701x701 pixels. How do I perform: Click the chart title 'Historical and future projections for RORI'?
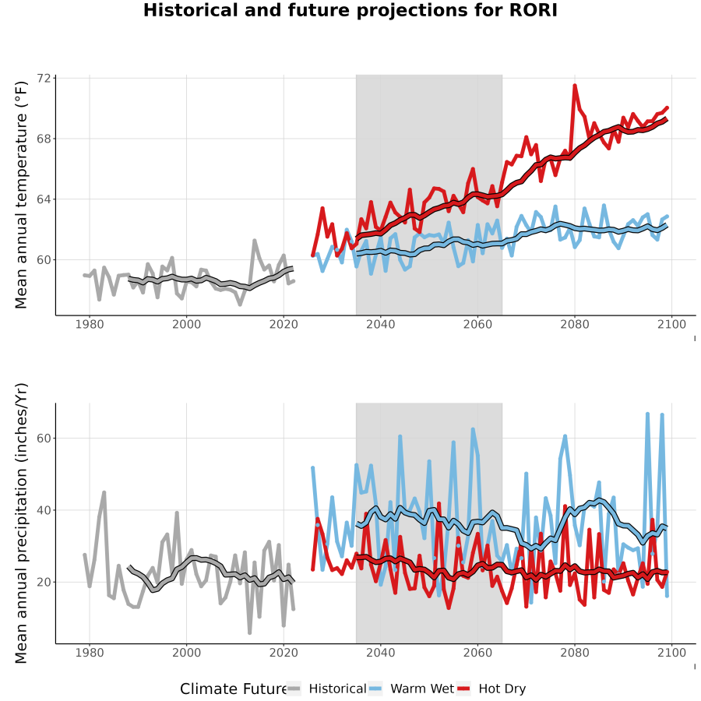350,10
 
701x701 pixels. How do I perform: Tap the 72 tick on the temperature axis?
44,78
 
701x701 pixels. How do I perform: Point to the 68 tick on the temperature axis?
44,139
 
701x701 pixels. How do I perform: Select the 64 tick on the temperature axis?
44,199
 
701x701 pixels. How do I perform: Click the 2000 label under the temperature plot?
186,324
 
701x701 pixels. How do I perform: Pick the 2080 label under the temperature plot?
575,324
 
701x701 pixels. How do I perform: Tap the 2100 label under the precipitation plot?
671,653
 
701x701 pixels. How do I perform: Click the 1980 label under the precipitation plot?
90,653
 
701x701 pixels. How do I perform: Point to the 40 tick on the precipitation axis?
44,510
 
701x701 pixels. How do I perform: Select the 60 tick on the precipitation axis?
44,438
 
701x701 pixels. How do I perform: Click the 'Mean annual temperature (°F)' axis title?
21,195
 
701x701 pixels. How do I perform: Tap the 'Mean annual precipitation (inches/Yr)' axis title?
21,523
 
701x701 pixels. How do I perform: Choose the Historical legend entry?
326,689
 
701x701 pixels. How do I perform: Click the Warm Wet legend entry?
411,689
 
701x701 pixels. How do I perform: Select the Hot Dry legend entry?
491,689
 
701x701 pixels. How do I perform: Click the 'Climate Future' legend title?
233,689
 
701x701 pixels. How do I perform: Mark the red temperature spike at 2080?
575,86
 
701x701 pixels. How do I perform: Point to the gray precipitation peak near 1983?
104,492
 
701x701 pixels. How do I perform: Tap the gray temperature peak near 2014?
255,241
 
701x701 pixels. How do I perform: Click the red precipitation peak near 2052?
439,503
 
